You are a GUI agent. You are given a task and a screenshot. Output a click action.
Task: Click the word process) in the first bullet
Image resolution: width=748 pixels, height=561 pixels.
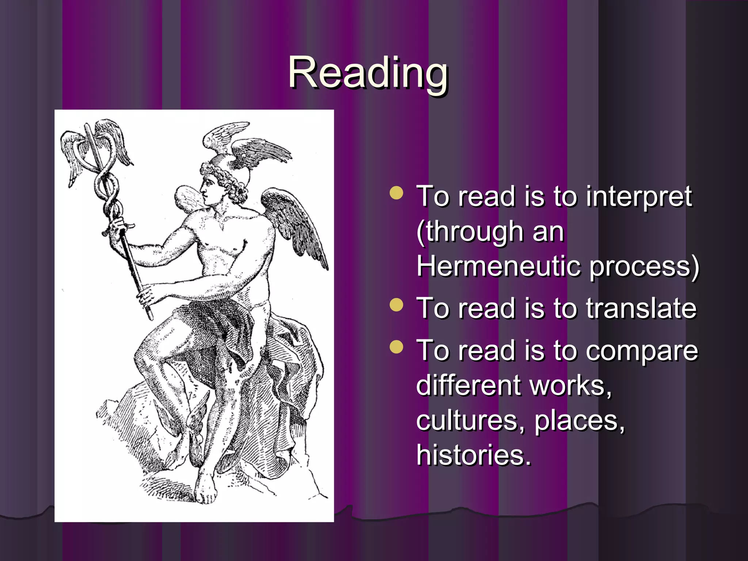pos(644,267)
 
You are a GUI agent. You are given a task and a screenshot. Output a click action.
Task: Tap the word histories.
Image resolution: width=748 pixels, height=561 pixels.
pos(474,455)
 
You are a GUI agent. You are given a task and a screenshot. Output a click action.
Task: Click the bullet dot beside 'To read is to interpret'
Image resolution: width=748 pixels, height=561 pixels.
pos(396,193)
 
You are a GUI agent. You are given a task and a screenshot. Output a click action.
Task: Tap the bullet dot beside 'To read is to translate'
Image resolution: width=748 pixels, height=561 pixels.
pos(396,305)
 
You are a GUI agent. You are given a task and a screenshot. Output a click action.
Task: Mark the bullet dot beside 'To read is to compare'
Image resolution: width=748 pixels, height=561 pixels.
pos(396,347)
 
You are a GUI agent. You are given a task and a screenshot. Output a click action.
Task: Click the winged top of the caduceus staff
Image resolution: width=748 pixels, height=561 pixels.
pos(96,146)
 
